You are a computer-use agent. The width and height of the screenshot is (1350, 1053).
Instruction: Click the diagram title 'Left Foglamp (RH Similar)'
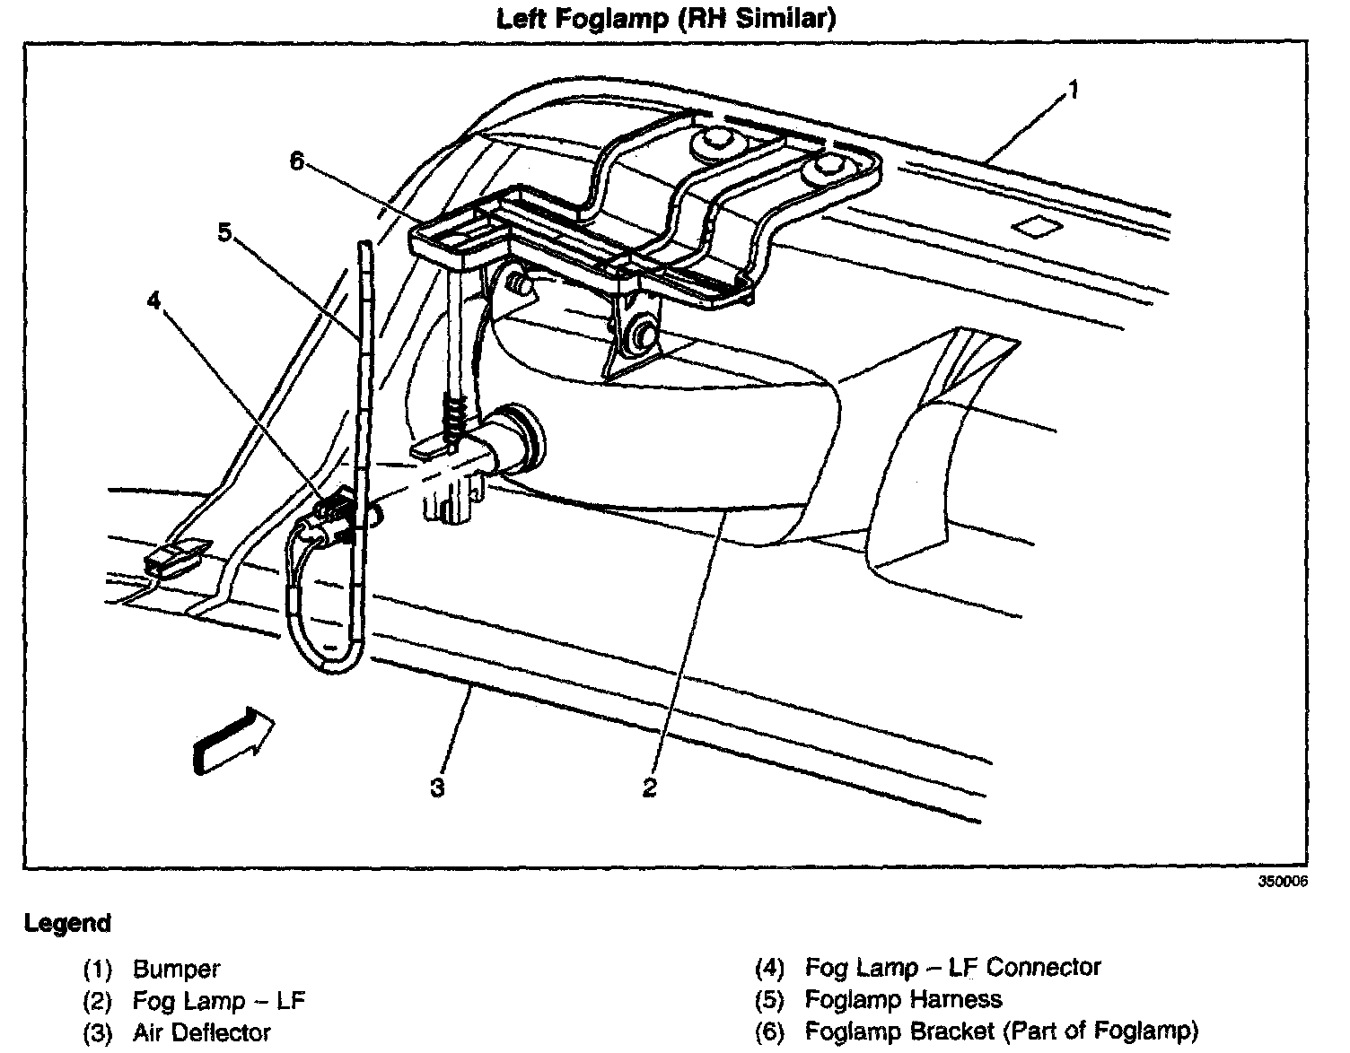click(666, 19)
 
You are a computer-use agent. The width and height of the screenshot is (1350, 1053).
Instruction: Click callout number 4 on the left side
click(155, 300)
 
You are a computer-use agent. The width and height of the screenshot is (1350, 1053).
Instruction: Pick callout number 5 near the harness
click(224, 232)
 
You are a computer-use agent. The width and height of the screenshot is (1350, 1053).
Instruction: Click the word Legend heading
click(67, 923)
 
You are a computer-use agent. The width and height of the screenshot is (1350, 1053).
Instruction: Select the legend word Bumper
click(176, 970)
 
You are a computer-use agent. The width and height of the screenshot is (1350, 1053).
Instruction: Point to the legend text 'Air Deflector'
click(201, 1033)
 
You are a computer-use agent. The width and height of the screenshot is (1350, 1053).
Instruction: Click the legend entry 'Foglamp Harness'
click(903, 1000)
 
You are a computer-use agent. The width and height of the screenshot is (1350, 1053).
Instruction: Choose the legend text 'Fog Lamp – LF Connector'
click(952, 968)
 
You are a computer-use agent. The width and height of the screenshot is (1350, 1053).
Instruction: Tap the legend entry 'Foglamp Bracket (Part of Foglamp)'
click(1001, 1031)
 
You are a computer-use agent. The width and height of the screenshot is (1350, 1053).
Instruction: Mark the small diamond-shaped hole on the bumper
click(1037, 227)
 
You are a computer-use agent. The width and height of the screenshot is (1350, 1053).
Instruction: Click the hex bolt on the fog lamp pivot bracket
click(641, 334)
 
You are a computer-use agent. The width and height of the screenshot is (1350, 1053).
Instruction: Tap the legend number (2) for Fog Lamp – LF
click(97, 1001)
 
